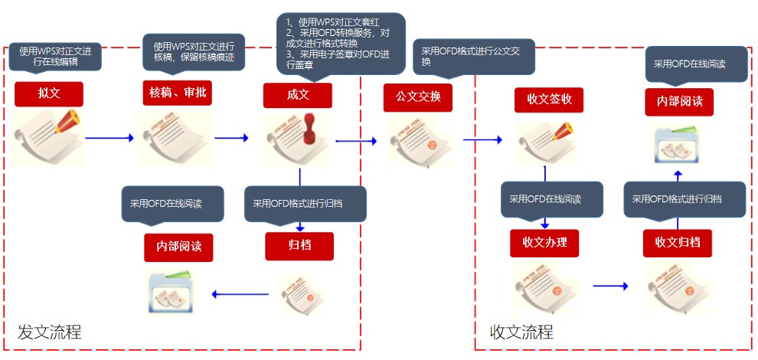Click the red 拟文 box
(x=49, y=94)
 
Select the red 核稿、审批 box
(x=178, y=93)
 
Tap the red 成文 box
(x=298, y=95)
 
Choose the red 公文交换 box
(x=418, y=98)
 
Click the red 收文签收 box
(x=549, y=100)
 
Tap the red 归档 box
(x=299, y=246)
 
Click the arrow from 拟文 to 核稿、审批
(x=109, y=139)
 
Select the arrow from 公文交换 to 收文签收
(x=482, y=140)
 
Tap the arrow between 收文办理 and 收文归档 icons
(x=610, y=286)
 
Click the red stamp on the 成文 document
(x=310, y=129)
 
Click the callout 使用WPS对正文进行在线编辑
(x=55, y=57)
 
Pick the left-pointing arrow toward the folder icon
(x=240, y=294)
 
